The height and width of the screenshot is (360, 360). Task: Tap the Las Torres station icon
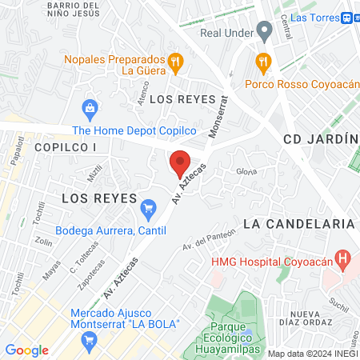(x=349, y=17)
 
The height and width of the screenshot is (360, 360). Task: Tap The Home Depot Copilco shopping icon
(x=90, y=107)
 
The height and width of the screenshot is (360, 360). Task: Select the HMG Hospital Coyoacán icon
(x=343, y=259)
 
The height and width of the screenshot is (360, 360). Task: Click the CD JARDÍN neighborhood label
(x=319, y=138)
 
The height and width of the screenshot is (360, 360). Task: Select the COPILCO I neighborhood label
(x=65, y=148)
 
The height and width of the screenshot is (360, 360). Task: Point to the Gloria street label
(x=246, y=172)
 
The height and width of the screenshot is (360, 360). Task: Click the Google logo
(x=26, y=350)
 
